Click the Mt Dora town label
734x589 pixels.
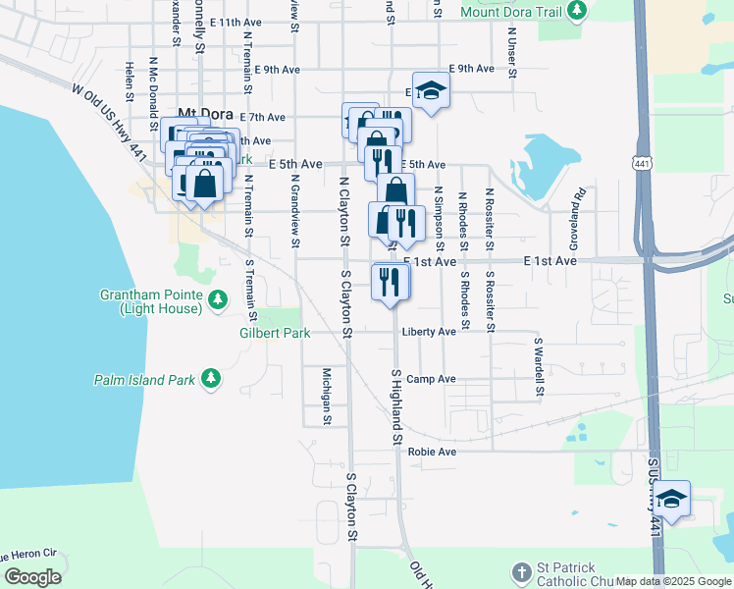click(x=201, y=113)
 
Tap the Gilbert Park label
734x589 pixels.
click(x=275, y=333)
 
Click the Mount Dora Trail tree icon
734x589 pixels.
click(x=578, y=11)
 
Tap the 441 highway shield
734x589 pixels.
click(x=643, y=162)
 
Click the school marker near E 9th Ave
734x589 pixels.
click(x=429, y=91)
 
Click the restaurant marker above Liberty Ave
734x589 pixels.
click(x=391, y=282)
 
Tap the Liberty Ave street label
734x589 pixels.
click(x=429, y=332)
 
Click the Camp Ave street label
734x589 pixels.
click(x=432, y=379)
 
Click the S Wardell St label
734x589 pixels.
click(x=539, y=369)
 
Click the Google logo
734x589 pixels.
click(x=32, y=577)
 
